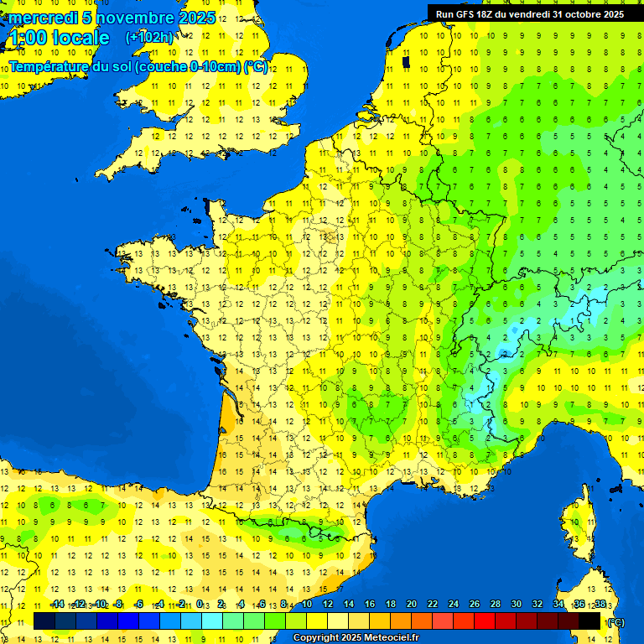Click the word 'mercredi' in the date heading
tap(42, 18)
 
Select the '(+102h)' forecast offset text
tap(149, 37)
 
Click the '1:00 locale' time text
tap(59, 38)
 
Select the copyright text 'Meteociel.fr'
tap(389, 638)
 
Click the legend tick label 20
tap(411, 605)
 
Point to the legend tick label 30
tap(516, 605)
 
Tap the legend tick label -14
tap(57, 605)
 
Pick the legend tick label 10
tap(306, 605)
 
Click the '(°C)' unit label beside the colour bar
tap(615, 621)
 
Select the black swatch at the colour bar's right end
tap(589, 621)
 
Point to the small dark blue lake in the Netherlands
tap(406, 61)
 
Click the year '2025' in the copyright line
tap(349, 638)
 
